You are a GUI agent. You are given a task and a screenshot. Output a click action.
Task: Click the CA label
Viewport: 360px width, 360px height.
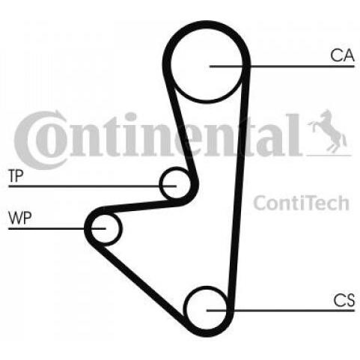click(342, 55)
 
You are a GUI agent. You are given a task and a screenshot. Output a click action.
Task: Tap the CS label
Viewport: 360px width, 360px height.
click(344, 300)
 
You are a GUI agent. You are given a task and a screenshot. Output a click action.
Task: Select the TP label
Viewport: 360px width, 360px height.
click(16, 176)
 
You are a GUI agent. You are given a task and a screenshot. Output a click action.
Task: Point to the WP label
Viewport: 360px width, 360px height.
click(20, 218)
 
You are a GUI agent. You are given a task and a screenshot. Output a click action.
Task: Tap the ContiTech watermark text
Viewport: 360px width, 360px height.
click(301, 203)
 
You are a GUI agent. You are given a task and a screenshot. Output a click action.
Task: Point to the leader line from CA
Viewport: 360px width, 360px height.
click(282, 67)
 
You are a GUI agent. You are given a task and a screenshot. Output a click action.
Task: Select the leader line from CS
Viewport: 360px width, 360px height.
click(281, 311)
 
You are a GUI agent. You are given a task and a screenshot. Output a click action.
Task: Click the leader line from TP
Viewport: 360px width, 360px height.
click(92, 186)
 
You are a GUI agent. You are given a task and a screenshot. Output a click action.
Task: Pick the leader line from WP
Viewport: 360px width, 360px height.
click(57, 228)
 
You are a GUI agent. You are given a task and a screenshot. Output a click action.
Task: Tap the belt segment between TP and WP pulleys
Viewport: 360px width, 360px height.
click(140, 206)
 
